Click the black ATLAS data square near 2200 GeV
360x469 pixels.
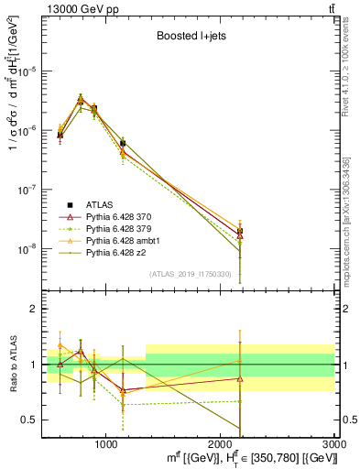(x=240, y=231)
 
